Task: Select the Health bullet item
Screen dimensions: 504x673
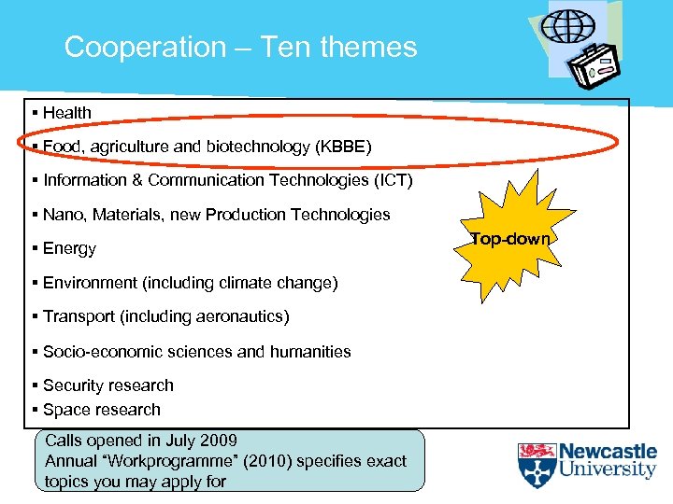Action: (66, 113)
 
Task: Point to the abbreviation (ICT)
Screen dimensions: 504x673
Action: (386, 180)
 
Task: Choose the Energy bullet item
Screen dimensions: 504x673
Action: (69, 248)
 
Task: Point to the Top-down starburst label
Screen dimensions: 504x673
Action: (510, 239)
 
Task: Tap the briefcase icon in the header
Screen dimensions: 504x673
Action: (595, 68)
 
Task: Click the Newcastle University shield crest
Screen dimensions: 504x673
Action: (537, 465)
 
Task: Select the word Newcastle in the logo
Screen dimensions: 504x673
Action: (608, 453)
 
